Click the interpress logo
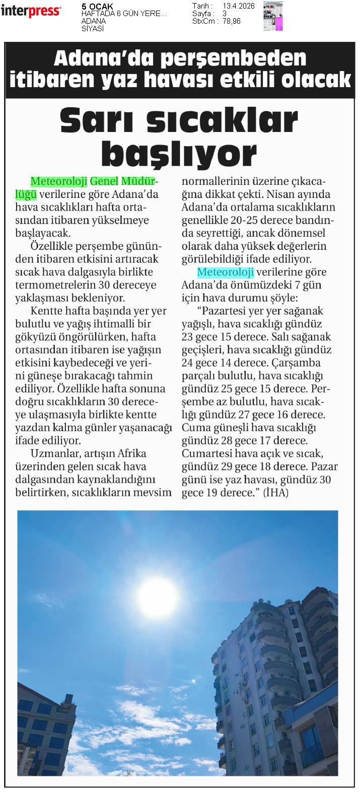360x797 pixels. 31,11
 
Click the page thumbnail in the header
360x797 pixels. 273,16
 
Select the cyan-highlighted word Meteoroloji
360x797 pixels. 226,273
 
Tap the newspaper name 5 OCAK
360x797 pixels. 97,6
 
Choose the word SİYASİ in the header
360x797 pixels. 93,28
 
